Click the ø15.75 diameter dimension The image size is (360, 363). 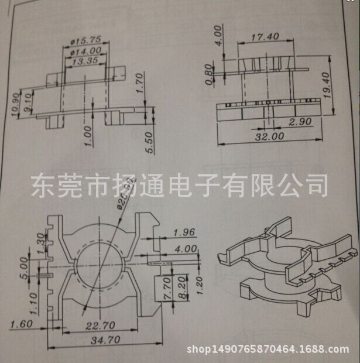87,41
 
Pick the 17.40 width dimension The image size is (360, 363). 265,36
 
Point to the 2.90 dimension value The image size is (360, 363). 303,122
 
